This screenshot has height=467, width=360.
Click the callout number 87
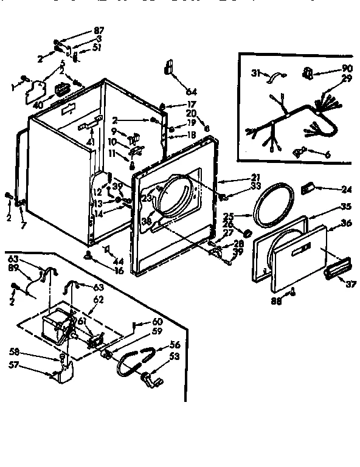(98, 30)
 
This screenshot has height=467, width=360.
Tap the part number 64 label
(192, 91)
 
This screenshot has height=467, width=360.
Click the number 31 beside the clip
(256, 74)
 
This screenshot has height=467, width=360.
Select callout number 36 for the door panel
(347, 223)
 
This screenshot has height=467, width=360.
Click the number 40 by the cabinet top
(38, 105)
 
